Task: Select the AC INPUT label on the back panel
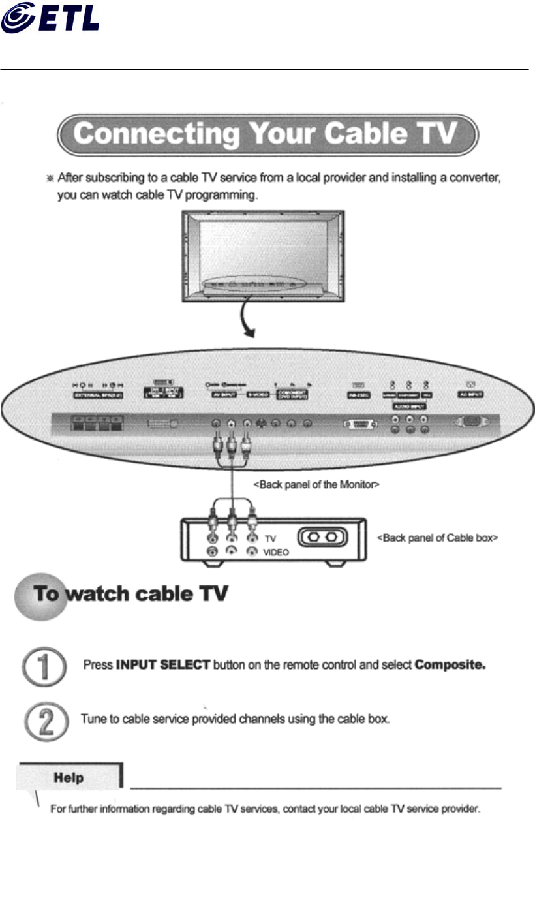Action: click(x=470, y=394)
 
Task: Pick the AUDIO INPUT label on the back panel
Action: click(x=410, y=405)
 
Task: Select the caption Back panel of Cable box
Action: click(x=438, y=538)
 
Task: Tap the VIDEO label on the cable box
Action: click(x=276, y=552)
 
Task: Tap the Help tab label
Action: click(x=69, y=777)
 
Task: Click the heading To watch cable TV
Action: click(x=130, y=595)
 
